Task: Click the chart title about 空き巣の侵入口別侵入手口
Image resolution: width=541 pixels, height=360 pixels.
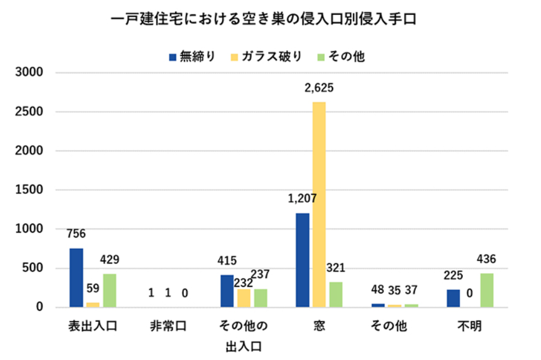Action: point(263,20)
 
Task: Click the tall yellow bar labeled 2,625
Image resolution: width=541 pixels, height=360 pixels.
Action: point(319,204)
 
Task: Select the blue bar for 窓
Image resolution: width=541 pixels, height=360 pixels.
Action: point(302,260)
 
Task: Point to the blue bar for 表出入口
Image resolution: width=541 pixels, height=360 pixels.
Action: point(76,278)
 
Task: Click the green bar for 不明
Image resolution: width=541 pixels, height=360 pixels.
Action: point(487,290)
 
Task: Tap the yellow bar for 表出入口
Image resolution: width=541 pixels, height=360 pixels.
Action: point(93,305)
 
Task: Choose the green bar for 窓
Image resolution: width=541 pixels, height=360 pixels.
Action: point(335,295)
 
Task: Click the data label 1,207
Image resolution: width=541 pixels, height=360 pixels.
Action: point(302,198)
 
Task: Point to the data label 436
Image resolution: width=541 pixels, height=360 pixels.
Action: point(486,259)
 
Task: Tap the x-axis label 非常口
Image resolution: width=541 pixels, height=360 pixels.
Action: point(168,326)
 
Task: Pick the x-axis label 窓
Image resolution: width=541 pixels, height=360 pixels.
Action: point(319,326)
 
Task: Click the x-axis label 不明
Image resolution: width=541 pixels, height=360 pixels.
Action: point(470,326)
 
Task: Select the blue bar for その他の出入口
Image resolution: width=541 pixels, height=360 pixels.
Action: point(227,291)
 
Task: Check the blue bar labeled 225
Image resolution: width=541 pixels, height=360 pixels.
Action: point(453,299)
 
